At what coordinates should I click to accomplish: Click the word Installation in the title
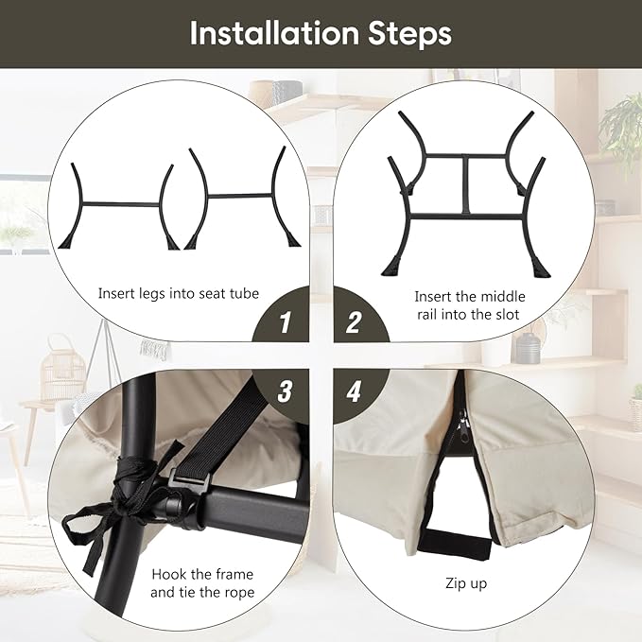pyautogui.click(x=274, y=33)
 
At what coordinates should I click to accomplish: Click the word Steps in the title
pyautogui.click(x=409, y=34)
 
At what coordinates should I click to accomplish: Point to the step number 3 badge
pyautogui.click(x=283, y=394)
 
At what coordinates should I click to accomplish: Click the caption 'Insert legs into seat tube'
pyautogui.click(x=179, y=294)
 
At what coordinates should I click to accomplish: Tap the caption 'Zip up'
pyautogui.click(x=466, y=583)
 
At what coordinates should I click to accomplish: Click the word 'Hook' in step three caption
pyautogui.click(x=169, y=574)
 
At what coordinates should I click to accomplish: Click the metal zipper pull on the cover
pyautogui.click(x=464, y=426)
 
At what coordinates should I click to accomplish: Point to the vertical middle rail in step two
pyautogui.click(x=466, y=185)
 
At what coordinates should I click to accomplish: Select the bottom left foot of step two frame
pyautogui.click(x=391, y=267)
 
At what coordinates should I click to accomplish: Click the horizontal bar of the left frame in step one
pyautogui.click(x=121, y=204)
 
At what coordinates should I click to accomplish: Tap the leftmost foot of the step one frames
pyautogui.click(x=68, y=241)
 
